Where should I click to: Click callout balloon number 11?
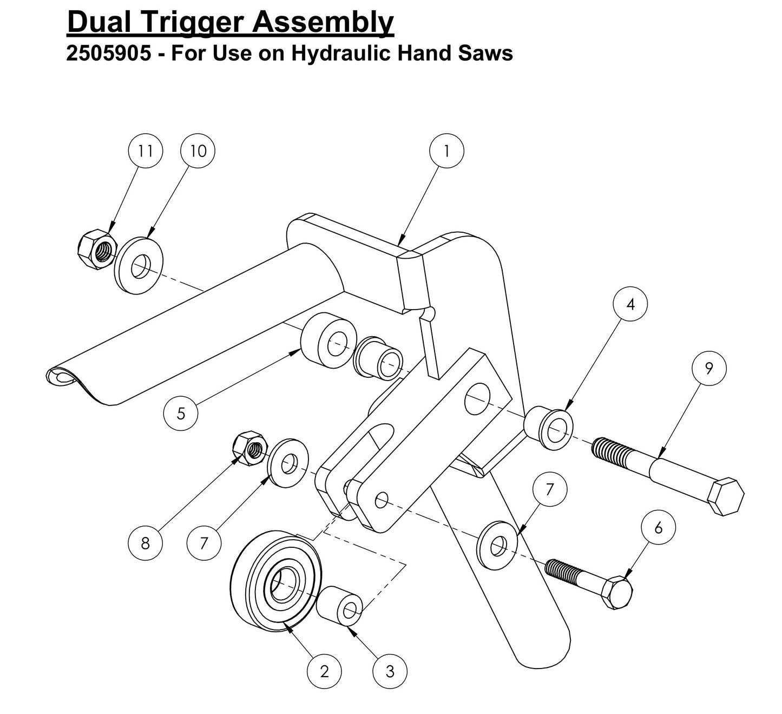pyautogui.click(x=144, y=150)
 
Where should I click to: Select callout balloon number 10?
pyautogui.click(x=198, y=150)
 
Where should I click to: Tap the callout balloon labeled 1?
pyautogui.click(x=446, y=150)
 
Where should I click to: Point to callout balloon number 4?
pyautogui.click(x=630, y=304)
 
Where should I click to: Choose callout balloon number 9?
pyautogui.click(x=709, y=368)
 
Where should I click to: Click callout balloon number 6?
pyautogui.click(x=658, y=527)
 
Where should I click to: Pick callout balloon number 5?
pyautogui.click(x=181, y=414)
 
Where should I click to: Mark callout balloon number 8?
pyautogui.click(x=145, y=542)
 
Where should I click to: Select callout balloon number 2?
pyautogui.click(x=324, y=672)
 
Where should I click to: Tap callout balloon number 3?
pyautogui.click(x=390, y=672)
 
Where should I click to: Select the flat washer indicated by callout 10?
pyautogui.click(x=139, y=263)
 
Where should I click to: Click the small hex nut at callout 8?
pyautogui.click(x=248, y=448)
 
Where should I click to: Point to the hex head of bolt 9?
pyautogui.click(x=726, y=496)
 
